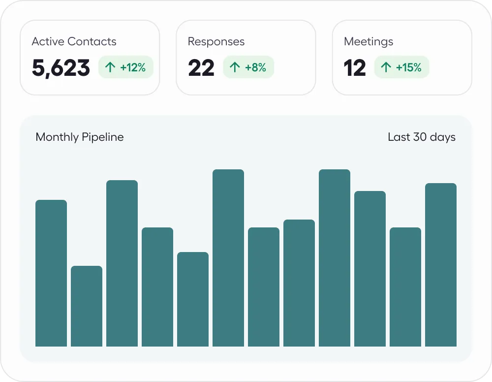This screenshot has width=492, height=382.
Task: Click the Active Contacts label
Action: [x=74, y=41]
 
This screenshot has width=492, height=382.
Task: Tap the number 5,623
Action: [x=61, y=68]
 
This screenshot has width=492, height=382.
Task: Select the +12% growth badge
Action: [x=126, y=67]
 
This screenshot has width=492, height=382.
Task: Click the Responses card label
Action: [x=216, y=41]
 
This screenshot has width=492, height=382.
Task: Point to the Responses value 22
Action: [x=201, y=68]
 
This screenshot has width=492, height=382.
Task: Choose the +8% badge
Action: [x=248, y=67]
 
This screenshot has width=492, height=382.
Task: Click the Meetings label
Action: [x=368, y=41]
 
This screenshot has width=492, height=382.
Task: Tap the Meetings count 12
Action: [x=355, y=68]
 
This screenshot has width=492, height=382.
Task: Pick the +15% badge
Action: [x=401, y=67]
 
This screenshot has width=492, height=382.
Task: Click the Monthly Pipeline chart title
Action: [x=79, y=137]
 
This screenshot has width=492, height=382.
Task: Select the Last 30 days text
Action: [x=421, y=137]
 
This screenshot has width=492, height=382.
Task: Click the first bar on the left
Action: [x=51, y=273]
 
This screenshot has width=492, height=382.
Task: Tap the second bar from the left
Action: [x=87, y=306]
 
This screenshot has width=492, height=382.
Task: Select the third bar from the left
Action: [x=122, y=263]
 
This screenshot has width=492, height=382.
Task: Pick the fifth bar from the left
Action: [x=193, y=299]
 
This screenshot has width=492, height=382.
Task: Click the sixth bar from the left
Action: [x=228, y=258]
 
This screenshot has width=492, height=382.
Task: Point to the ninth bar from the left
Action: [x=335, y=258]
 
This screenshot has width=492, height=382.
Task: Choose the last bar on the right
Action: [x=441, y=265]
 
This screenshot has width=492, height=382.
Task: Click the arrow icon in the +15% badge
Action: [x=386, y=67]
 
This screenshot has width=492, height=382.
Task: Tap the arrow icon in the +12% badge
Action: [x=110, y=67]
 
